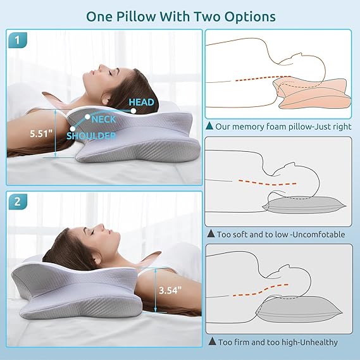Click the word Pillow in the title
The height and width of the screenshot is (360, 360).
click(136, 16)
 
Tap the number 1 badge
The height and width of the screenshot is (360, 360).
click(18, 40)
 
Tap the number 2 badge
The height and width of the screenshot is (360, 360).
click(18, 202)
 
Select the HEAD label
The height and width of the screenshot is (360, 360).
click(141, 102)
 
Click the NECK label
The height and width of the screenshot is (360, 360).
click(104, 120)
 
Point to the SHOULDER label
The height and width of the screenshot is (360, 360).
click(91, 136)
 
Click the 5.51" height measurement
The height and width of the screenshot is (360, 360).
click(41, 133)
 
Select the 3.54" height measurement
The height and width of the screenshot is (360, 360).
click(170, 290)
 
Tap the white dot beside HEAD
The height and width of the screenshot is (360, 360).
click(133, 111)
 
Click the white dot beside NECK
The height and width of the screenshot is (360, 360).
click(87, 116)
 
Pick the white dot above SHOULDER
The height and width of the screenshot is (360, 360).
click(73, 129)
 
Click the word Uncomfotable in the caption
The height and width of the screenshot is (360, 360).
click(319, 235)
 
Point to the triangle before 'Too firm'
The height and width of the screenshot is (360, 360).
click(212, 341)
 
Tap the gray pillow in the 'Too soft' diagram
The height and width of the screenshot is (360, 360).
click(304, 205)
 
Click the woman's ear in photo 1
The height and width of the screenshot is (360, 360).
click(105, 100)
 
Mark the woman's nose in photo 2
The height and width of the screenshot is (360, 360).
click(101, 227)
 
